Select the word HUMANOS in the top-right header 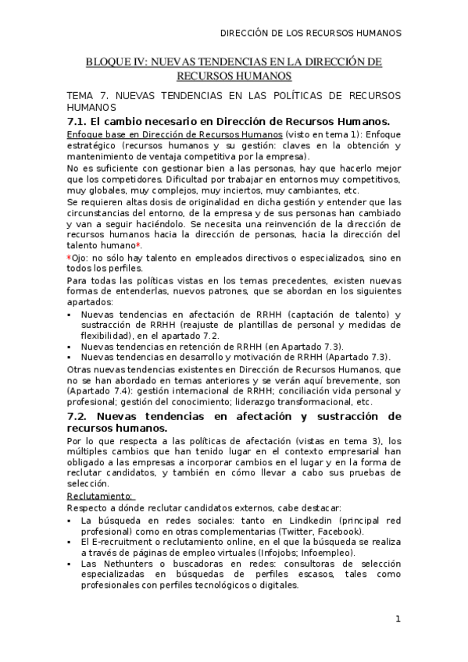tap(377, 34)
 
